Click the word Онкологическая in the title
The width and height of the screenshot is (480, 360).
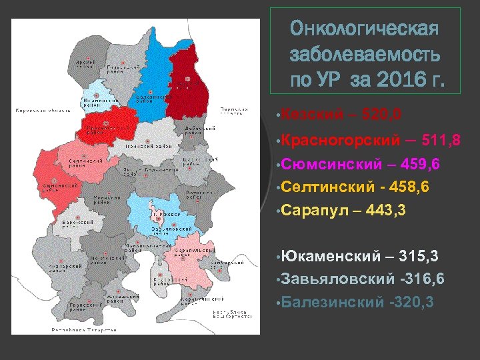coord(365,29)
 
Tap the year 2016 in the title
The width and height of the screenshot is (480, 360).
coord(395,81)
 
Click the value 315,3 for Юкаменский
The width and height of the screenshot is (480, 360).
coord(412,256)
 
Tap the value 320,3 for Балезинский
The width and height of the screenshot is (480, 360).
coord(411,302)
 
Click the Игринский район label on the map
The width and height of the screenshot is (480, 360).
coord(146,145)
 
